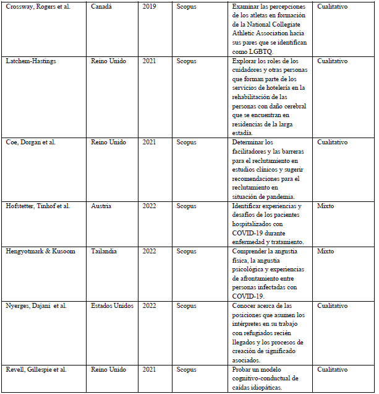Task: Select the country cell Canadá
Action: coord(103,6)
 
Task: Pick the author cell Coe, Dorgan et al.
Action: coord(30,142)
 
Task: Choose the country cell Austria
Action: coord(103,206)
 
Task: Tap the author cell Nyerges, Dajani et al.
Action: coord(36,305)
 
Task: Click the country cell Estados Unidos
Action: coord(112,305)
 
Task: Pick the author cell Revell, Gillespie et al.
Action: coord(35,369)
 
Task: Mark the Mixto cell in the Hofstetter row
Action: coord(326,206)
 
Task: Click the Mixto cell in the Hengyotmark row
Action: coord(326,252)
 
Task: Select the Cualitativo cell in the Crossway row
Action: coord(332,6)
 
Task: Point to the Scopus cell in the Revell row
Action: coord(186,369)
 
